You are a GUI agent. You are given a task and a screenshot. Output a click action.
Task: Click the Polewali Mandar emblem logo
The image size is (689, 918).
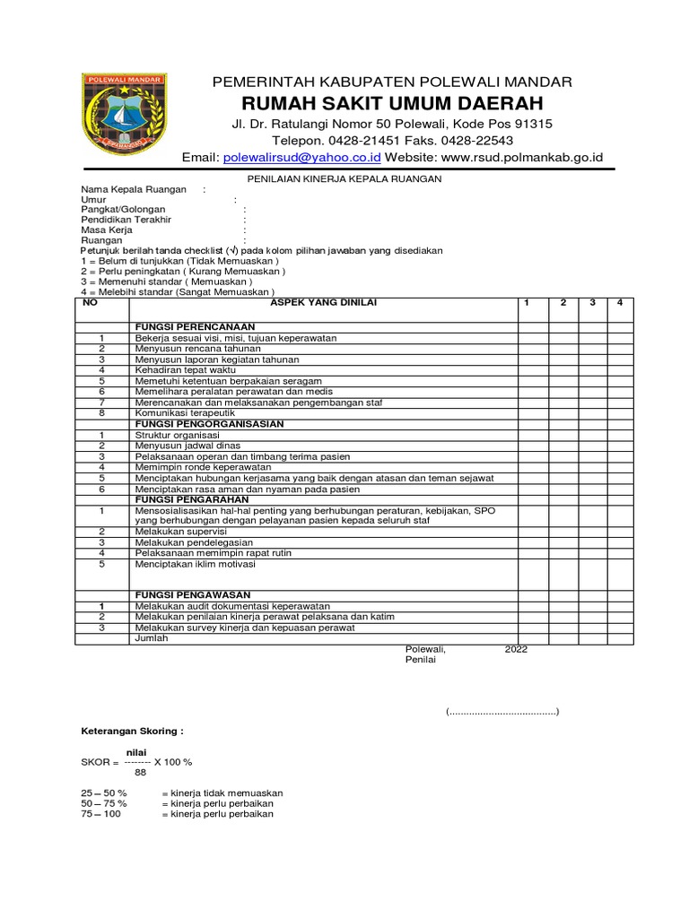point(124,113)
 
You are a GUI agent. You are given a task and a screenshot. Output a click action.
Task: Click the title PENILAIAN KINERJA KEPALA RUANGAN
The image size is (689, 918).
point(344,178)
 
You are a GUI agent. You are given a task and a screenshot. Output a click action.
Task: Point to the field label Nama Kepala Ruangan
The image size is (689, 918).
point(134,189)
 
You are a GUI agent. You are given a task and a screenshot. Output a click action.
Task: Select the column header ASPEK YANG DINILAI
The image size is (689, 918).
point(324,303)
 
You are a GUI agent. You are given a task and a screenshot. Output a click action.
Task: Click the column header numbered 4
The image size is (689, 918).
point(619,303)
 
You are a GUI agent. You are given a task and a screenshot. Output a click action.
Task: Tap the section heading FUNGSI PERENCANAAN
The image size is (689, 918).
point(195,326)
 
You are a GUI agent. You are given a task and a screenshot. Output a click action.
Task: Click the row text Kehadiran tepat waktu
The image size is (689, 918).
point(187,369)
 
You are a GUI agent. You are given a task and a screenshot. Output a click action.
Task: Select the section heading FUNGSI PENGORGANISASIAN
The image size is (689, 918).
point(209,423)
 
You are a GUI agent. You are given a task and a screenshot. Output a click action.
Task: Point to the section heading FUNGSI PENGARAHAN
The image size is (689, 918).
point(192,499)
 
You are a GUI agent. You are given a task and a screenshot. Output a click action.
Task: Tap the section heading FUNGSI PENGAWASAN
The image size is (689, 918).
point(192,595)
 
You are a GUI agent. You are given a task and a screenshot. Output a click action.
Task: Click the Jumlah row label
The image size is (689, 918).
point(151,638)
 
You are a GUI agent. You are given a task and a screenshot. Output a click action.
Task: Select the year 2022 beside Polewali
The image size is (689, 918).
point(517,649)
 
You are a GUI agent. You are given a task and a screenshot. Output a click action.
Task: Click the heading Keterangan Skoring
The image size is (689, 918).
point(132,732)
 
